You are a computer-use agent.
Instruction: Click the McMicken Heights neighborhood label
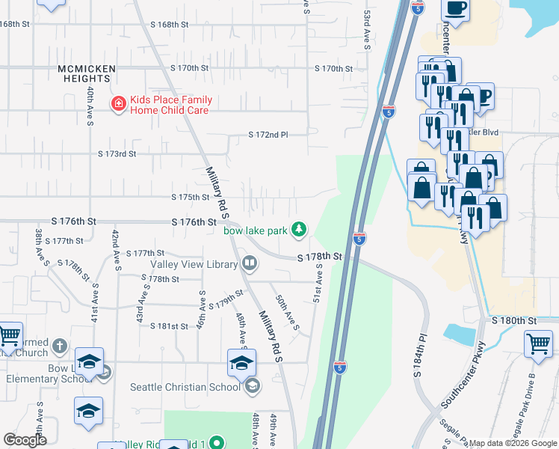(87, 74)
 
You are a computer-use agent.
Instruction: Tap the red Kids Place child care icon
(118, 105)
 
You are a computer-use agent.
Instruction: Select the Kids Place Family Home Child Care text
(171, 105)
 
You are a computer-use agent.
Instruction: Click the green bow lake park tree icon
(299, 229)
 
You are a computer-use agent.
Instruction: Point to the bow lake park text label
(256, 230)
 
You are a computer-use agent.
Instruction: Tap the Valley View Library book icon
(249, 263)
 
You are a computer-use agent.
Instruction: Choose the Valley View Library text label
(194, 263)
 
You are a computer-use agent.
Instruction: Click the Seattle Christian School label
(185, 387)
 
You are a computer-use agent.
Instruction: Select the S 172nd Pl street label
(268, 135)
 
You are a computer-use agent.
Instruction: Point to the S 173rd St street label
(117, 153)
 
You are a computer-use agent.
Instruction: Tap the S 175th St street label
(190, 198)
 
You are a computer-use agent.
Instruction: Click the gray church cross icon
(61, 346)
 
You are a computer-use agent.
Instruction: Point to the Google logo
(25, 440)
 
